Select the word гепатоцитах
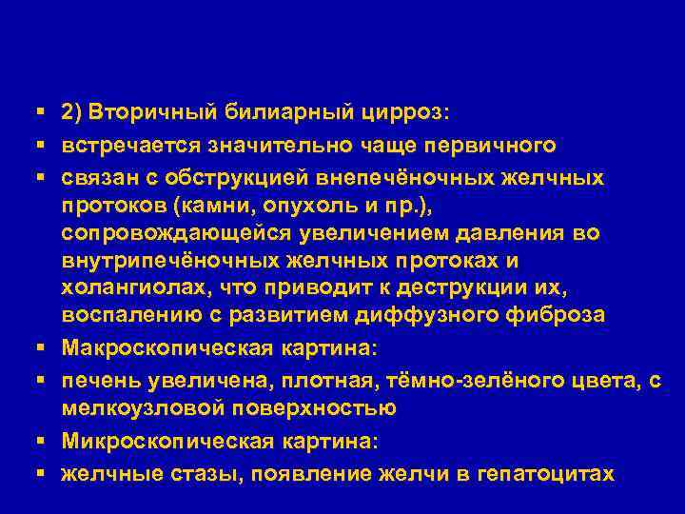coord(541,473)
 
